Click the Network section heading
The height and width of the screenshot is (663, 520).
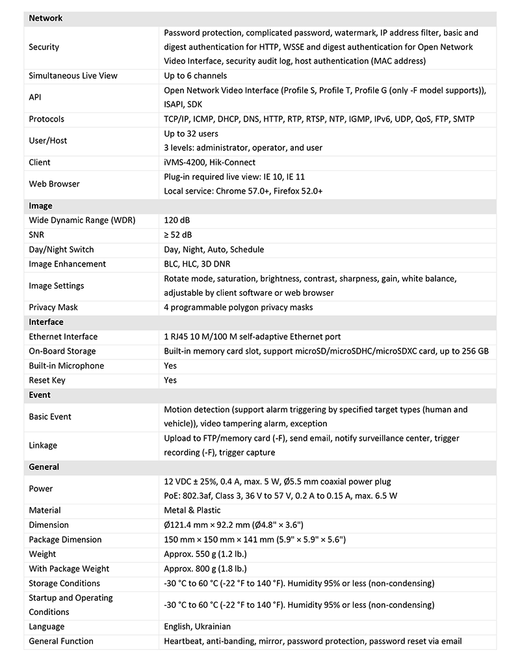[x=45, y=18]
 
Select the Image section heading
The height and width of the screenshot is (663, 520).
[x=40, y=206]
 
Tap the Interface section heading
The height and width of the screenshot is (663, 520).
[x=46, y=322]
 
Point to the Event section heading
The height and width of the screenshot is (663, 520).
[x=40, y=395]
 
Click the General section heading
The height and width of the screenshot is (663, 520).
[x=44, y=467]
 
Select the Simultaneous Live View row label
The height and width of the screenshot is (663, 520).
[x=73, y=75]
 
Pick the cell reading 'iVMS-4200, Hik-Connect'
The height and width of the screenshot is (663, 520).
[x=210, y=162]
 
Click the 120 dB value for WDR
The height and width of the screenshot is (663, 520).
[x=177, y=220]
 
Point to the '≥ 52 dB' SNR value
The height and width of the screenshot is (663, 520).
[x=178, y=235]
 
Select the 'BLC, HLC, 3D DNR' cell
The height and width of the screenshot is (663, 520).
[x=197, y=264]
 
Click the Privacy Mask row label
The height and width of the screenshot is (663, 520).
[x=53, y=307]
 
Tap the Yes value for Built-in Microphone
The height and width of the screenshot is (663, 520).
[x=170, y=365]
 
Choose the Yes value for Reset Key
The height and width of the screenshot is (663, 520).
[x=170, y=380]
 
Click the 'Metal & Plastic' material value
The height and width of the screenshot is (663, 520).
[x=192, y=510]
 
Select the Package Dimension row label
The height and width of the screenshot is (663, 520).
[x=65, y=539]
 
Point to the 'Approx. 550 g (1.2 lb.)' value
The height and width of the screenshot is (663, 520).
[x=205, y=554]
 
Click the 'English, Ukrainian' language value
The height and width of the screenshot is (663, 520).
[x=198, y=627]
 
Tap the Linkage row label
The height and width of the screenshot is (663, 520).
[x=43, y=445]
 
